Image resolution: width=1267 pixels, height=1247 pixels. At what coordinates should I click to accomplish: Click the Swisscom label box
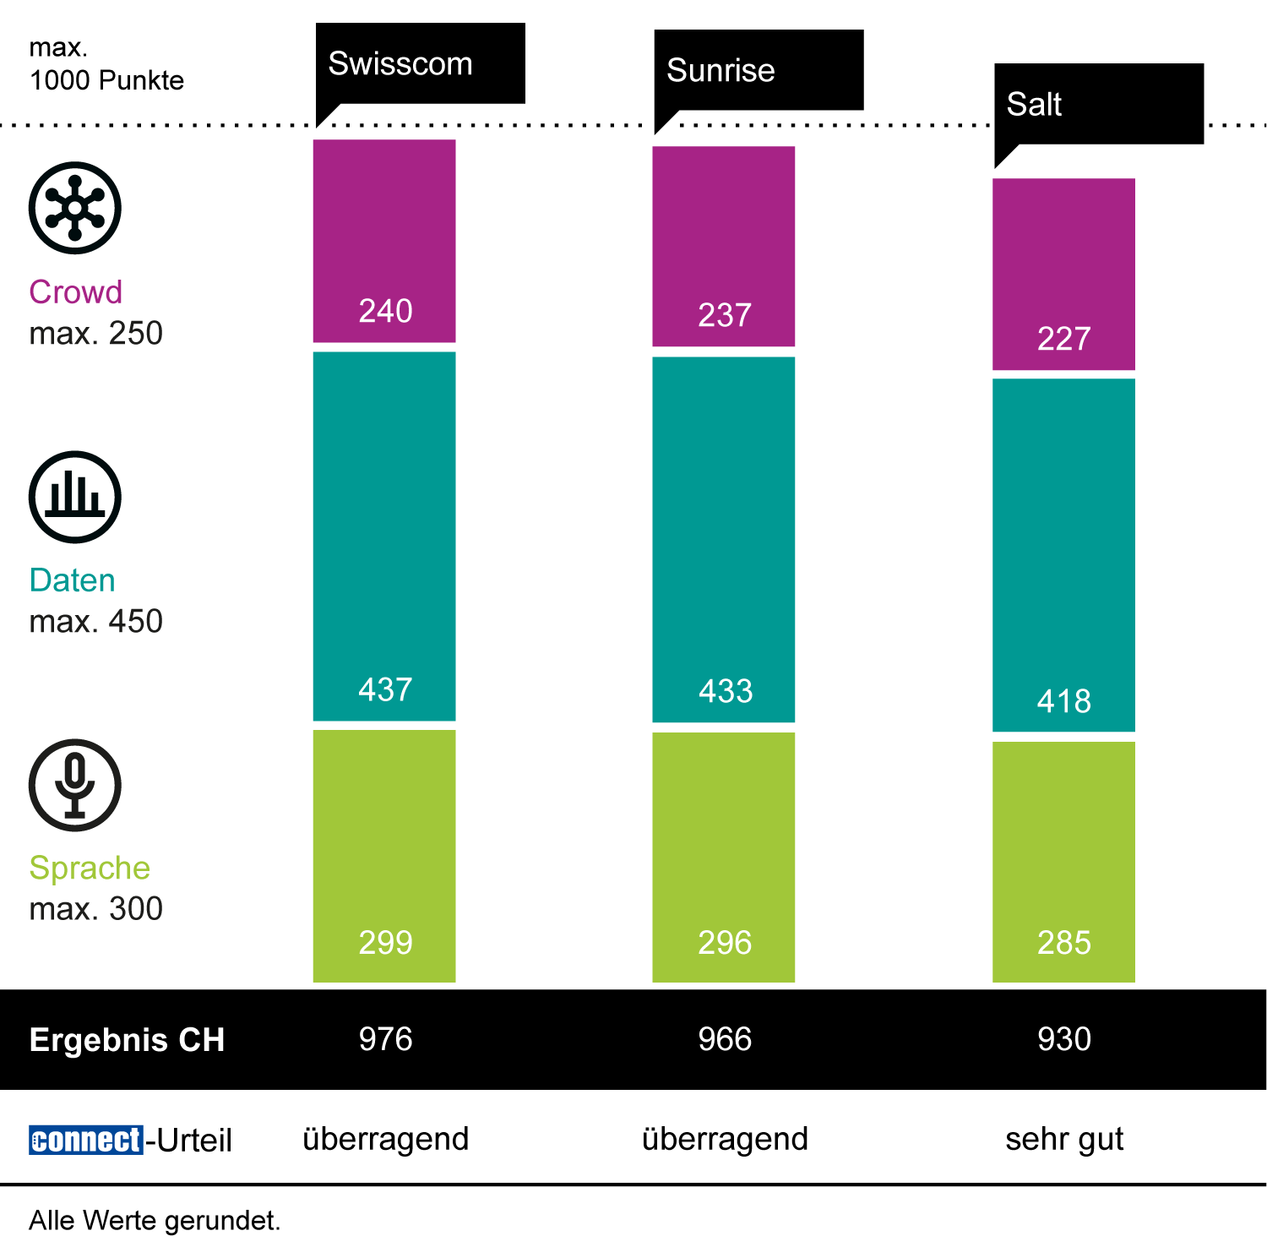tap(420, 64)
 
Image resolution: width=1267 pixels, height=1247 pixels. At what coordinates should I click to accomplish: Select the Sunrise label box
tap(759, 70)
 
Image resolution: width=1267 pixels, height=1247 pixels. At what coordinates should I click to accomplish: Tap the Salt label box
tap(1098, 104)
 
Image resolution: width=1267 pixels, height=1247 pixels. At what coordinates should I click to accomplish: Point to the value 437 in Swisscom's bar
tap(385, 689)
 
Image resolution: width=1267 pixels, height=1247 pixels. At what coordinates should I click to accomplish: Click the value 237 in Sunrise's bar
tap(725, 315)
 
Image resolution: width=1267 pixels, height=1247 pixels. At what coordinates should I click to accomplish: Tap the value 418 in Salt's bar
tap(1064, 701)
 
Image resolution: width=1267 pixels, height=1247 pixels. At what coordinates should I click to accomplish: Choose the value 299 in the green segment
tap(385, 943)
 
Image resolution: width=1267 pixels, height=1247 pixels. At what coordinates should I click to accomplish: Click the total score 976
tap(385, 1039)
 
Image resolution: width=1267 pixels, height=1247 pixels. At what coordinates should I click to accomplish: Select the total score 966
tap(725, 1039)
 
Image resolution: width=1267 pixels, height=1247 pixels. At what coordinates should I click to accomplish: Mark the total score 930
tap(1064, 1039)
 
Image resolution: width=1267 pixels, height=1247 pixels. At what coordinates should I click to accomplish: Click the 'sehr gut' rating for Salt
tap(1064, 1140)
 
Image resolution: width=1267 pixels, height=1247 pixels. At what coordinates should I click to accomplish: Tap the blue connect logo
tap(85, 1140)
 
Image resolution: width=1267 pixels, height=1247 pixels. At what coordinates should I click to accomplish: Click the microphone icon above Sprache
tap(75, 785)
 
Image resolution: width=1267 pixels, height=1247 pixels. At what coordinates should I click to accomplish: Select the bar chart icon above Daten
tap(75, 497)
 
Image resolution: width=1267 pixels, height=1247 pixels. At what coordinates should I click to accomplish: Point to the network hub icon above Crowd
tap(75, 208)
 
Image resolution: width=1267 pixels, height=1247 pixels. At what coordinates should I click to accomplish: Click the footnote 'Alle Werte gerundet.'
tap(155, 1221)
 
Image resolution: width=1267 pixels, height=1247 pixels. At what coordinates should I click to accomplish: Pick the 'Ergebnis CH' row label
tap(127, 1040)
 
